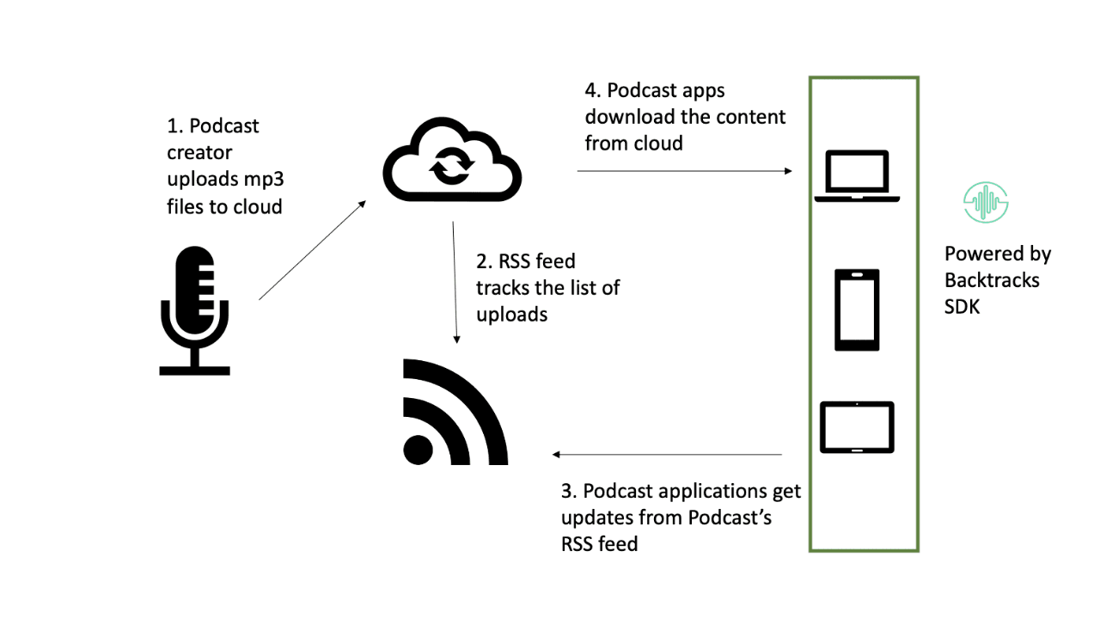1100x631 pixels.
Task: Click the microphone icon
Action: tap(194, 310)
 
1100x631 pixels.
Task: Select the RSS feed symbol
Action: tap(454, 413)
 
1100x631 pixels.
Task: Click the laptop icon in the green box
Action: tap(856, 176)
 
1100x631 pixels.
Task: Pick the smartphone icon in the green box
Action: tap(857, 309)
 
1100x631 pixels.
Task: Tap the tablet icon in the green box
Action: tap(857, 427)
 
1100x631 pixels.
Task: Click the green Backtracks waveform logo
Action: tap(985, 203)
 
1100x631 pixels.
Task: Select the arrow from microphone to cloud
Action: tap(312, 250)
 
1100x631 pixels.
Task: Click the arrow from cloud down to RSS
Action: tap(455, 283)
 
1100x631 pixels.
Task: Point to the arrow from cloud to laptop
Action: tap(684, 171)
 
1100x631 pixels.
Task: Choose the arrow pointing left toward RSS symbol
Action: tap(667, 454)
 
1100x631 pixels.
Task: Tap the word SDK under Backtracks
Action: tap(962, 307)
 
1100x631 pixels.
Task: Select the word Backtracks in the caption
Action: tap(992, 280)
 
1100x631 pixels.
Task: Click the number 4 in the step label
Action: tap(591, 90)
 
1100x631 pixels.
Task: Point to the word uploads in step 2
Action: tap(511, 314)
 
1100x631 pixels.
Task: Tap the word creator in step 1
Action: tap(199, 153)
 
